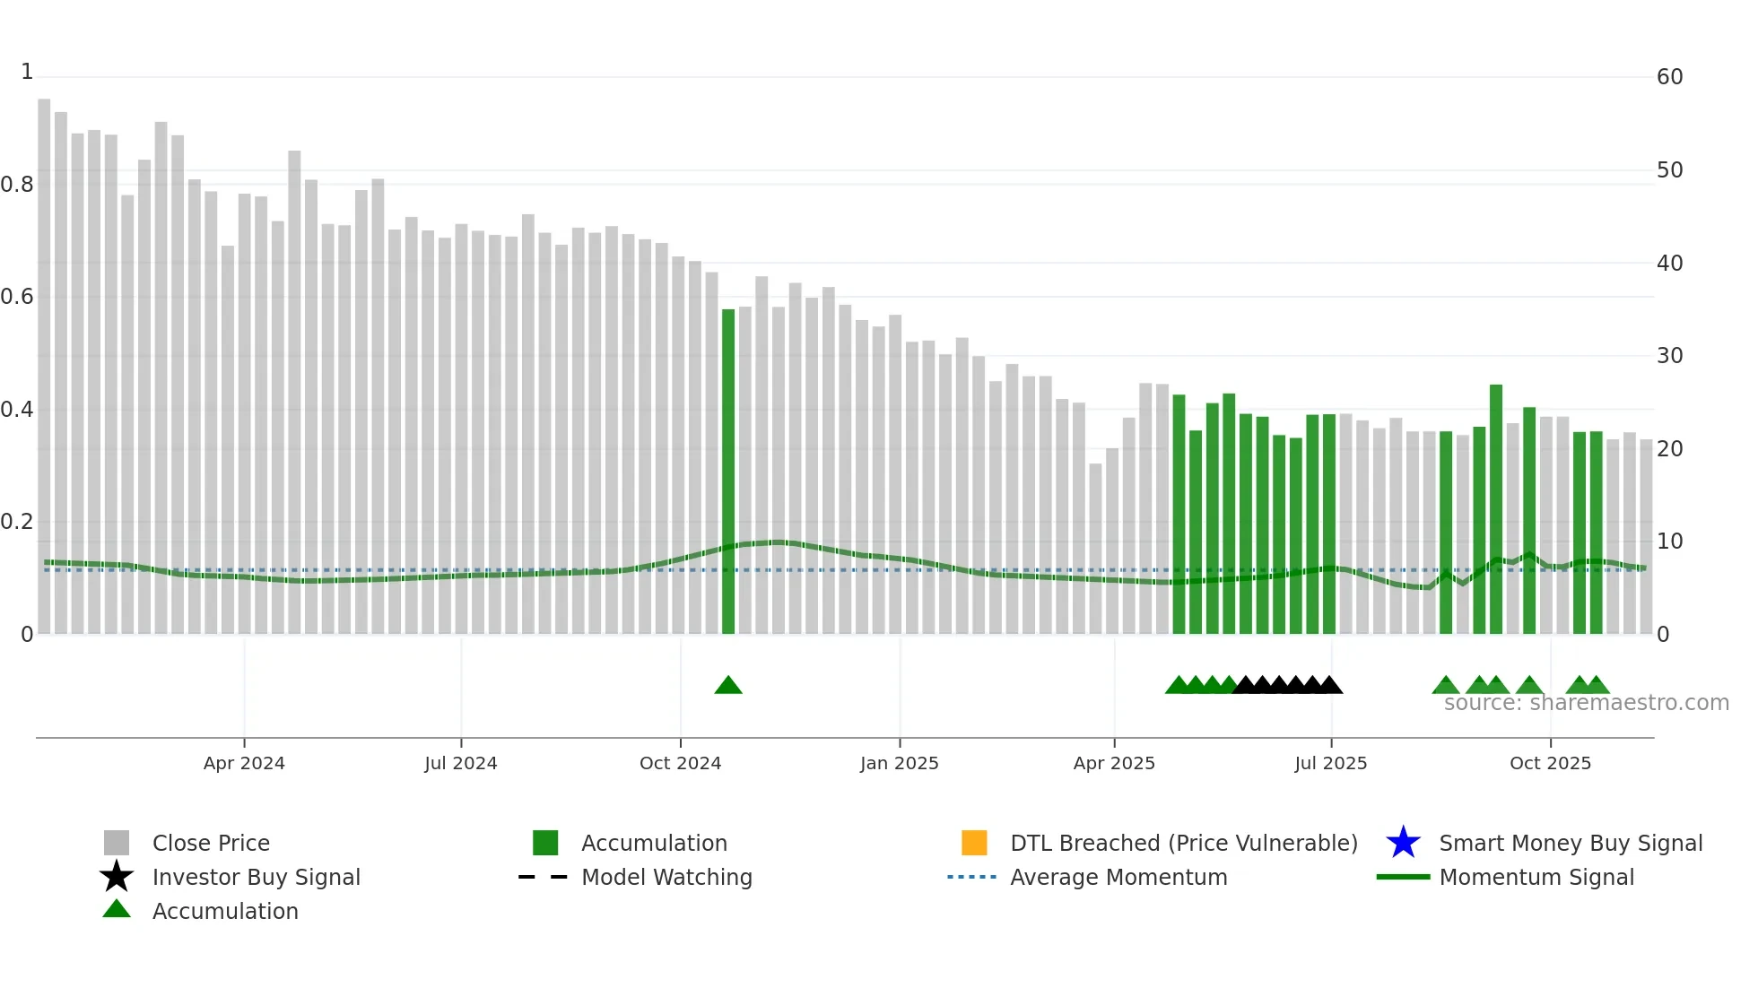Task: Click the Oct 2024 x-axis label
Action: coord(680,763)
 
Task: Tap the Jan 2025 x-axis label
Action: coord(899,763)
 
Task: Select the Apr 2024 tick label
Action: coord(244,763)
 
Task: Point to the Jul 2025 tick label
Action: coord(1331,763)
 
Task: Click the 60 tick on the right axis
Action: coord(1669,77)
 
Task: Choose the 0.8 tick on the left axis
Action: coord(17,185)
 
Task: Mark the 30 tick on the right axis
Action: coord(1669,356)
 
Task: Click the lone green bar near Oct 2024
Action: coord(728,471)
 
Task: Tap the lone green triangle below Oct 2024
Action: coord(728,686)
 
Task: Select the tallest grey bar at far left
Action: coord(44,368)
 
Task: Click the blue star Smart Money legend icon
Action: coord(1403,843)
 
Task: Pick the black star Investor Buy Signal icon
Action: coord(117,877)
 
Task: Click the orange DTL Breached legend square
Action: coord(974,843)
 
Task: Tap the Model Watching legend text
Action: coord(666,877)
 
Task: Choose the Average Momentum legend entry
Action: coord(1118,877)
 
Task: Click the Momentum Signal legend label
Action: coord(1536,877)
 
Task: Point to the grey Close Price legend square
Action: coord(117,843)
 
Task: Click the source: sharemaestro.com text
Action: coord(1586,703)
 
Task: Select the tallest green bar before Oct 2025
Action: coord(1496,509)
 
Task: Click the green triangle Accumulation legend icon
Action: coord(117,909)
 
